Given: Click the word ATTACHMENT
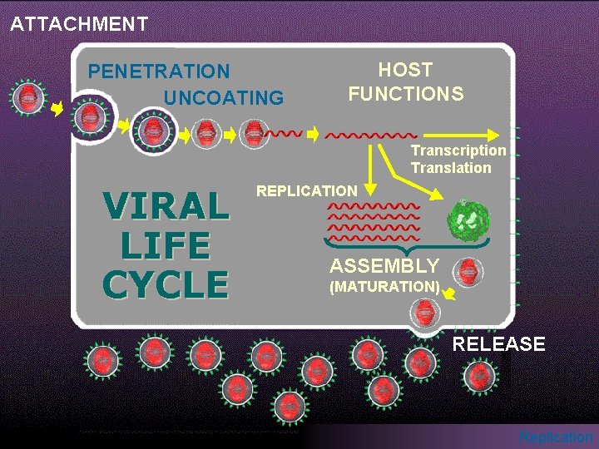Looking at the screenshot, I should (x=79, y=24).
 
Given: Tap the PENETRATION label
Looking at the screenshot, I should (x=159, y=72).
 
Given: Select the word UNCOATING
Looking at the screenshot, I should (x=224, y=98).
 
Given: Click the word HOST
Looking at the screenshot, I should (x=405, y=70).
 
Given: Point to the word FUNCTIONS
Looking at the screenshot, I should (x=406, y=94).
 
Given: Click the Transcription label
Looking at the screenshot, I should (x=458, y=150).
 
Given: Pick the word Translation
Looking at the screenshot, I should (x=451, y=168).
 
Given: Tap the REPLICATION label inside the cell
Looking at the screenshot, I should (x=307, y=191).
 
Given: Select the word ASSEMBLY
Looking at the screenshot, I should (x=384, y=266).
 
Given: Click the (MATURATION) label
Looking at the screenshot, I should (x=384, y=287).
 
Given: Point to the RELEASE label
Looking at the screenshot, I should (x=499, y=344).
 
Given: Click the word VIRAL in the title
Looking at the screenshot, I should (x=166, y=207).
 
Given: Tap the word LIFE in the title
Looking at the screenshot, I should (x=166, y=246).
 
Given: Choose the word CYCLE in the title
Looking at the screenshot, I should (x=166, y=284).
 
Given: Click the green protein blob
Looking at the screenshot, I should (x=469, y=221).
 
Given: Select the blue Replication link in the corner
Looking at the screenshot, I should (x=556, y=437).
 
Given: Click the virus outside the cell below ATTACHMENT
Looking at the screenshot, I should (x=28, y=98).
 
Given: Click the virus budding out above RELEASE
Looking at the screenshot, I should (x=424, y=313).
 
